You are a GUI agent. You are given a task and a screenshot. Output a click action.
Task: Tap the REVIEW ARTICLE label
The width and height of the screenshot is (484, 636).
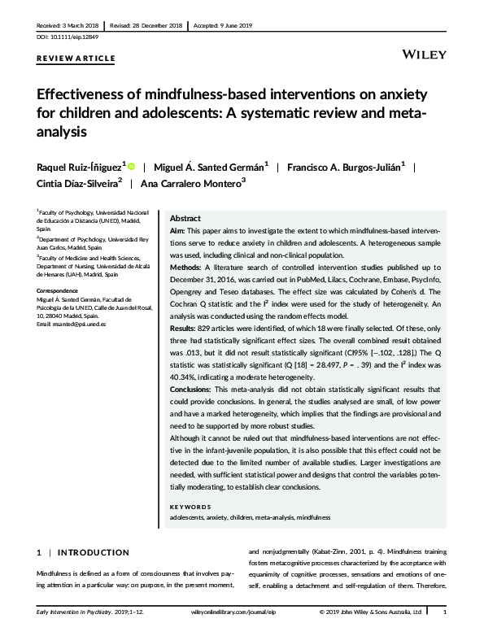point(76,59)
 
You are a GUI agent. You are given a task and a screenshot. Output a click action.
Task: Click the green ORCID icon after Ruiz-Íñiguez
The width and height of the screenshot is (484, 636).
point(131,166)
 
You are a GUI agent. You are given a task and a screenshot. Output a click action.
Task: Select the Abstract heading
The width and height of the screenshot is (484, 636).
point(185,220)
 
